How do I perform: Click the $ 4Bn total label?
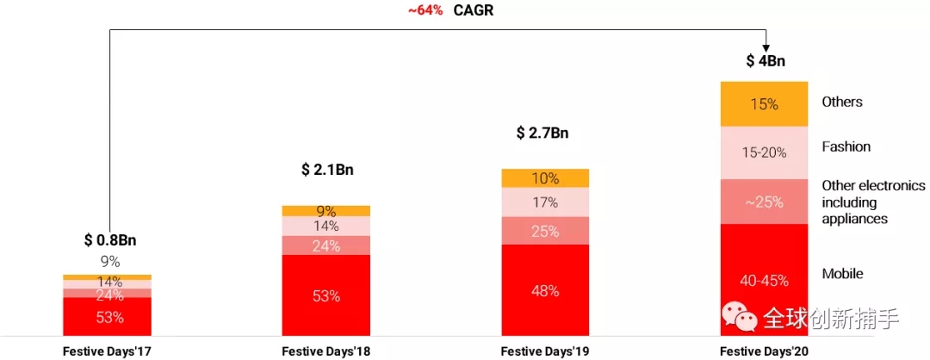[x=766, y=61]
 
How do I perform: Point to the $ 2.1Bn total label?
[x=327, y=170]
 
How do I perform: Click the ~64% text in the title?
[x=425, y=11]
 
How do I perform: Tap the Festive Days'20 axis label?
[x=764, y=351]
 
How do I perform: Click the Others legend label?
[x=842, y=102]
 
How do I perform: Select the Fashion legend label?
[x=846, y=146]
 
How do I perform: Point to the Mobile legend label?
[x=842, y=274]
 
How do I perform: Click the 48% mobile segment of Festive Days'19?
[x=545, y=290]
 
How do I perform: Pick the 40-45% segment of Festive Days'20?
[x=764, y=280]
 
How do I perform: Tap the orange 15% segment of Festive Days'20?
[x=764, y=104]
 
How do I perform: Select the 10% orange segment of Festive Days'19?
[x=545, y=178]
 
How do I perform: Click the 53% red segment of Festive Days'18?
[x=326, y=295]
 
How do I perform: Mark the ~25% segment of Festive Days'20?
[x=764, y=202]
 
